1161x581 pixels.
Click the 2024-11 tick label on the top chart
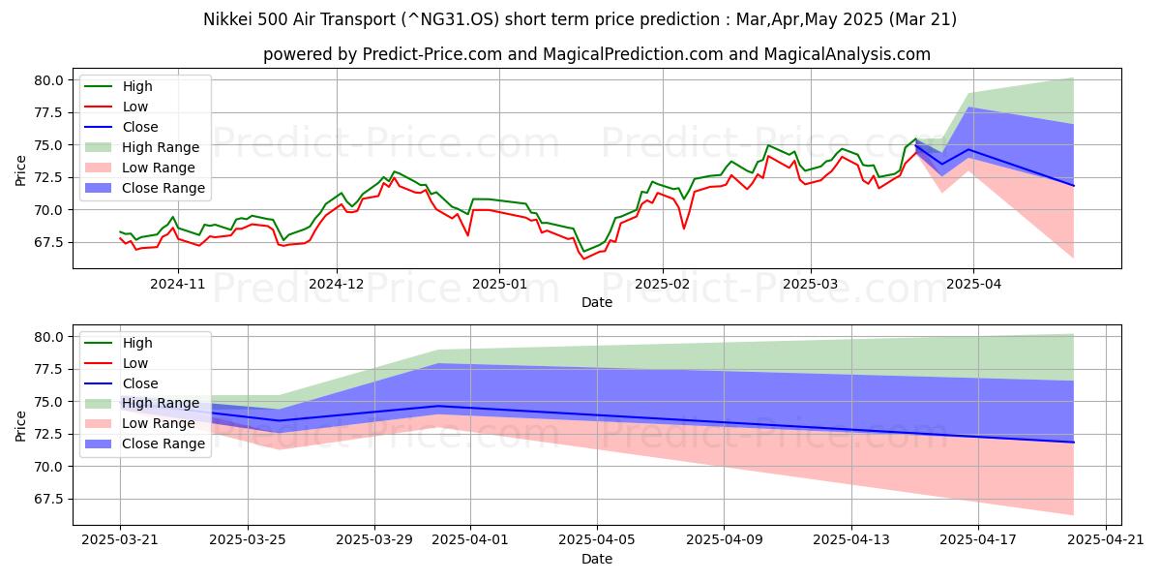point(177,286)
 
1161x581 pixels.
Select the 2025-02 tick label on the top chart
point(663,286)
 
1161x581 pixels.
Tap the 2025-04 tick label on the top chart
point(973,286)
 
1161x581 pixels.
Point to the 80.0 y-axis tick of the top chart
point(48,80)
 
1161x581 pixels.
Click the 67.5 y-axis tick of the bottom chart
point(48,499)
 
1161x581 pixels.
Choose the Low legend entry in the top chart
point(136,107)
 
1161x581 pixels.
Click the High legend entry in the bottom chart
point(137,343)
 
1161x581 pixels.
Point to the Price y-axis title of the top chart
point(21,170)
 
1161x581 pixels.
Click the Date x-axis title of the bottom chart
point(597,559)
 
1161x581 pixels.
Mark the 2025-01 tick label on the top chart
point(499,286)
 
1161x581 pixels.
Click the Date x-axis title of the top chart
point(597,302)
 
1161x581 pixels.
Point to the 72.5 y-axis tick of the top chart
point(48,177)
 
